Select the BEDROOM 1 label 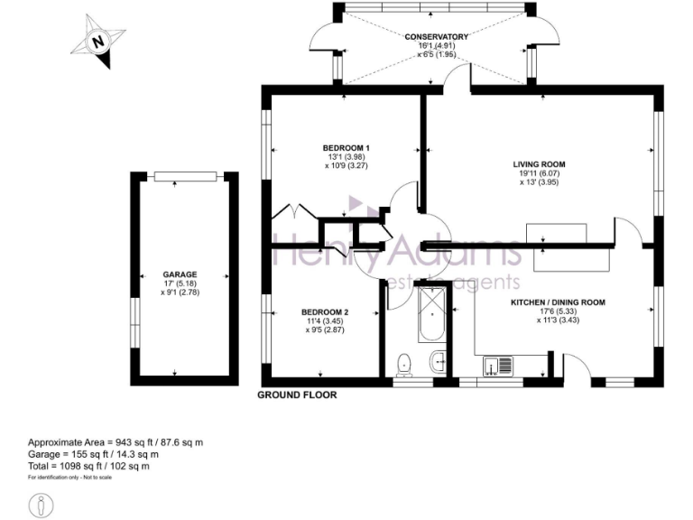pyautogui.click(x=346, y=148)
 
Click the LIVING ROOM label pyautogui.click(x=539, y=164)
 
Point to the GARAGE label pyautogui.click(x=180, y=274)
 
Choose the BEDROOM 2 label pyautogui.click(x=325, y=312)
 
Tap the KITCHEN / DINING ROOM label pyautogui.click(x=558, y=302)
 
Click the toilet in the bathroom pyautogui.click(x=405, y=363)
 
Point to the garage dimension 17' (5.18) pyautogui.click(x=180, y=283)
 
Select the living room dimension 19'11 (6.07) pyautogui.click(x=539, y=173)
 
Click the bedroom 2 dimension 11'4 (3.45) pyautogui.click(x=324, y=321)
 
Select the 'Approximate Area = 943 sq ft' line pyautogui.click(x=115, y=442)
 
